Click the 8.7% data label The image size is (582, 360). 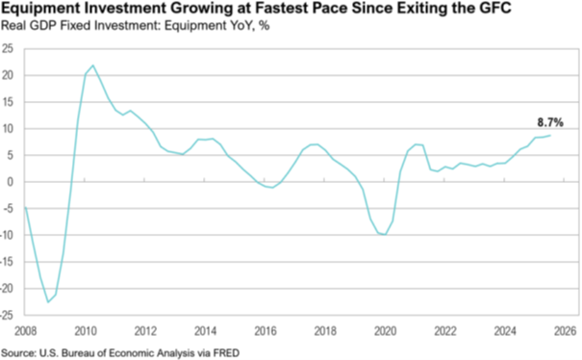tap(550, 122)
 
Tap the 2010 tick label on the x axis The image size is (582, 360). tap(86, 331)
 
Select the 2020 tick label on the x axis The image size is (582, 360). tap(386, 331)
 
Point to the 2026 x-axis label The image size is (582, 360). tap(565, 331)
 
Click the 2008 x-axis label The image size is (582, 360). tap(25, 331)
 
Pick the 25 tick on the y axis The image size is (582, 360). tap(8, 49)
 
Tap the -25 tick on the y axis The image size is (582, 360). tap(7, 316)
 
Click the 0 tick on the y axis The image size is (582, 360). tap(10, 182)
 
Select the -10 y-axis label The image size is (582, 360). tap(7, 235)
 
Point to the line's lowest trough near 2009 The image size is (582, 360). tap(48, 302)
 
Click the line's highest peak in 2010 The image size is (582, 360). tap(92, 65)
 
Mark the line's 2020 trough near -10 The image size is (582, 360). tap(386, 235)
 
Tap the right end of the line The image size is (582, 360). tap(550, 135)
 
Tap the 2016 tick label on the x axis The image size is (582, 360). tap(266, 331)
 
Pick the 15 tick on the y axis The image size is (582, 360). tap(8, 102)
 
